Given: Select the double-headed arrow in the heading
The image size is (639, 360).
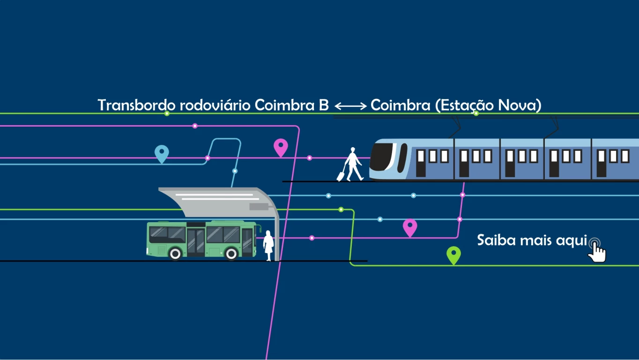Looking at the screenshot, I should coord(350,106).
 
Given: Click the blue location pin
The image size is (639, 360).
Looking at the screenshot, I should coord(162,153).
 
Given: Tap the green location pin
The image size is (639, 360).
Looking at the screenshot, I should coord(453,255).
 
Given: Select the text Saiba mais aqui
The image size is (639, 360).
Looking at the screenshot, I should coord(532,240).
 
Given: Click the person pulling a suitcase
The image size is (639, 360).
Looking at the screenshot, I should coord(353,164).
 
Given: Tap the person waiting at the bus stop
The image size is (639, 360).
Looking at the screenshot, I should coord(268,245).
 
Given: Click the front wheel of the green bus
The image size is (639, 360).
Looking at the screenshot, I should coord(231,254).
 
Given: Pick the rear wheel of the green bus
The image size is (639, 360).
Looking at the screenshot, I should coord(175,254).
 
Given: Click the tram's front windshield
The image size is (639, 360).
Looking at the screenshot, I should coord(382,157).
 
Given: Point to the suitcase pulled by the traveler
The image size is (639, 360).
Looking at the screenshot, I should coord(341,176).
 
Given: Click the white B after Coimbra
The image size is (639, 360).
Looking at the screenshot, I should coord(324,105).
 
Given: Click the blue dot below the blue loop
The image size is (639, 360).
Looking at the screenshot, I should coord(235,171).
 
